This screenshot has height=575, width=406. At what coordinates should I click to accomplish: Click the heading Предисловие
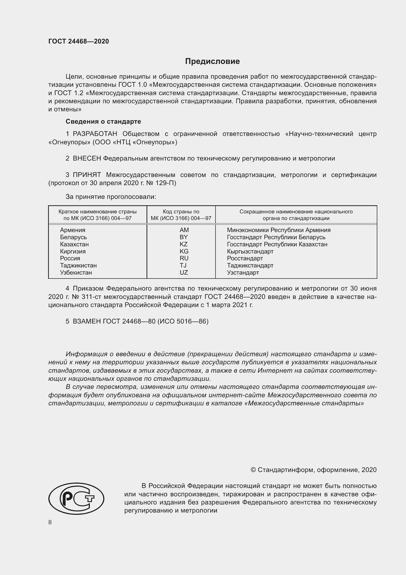212,61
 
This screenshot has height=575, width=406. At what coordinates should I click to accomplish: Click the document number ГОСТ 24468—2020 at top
79,41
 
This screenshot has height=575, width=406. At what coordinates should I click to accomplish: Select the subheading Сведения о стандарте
103,121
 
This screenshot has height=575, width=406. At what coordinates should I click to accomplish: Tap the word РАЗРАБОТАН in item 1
95,134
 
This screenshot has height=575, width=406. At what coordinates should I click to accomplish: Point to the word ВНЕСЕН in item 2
87,159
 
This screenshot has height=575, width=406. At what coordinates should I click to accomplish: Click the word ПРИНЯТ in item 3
87,175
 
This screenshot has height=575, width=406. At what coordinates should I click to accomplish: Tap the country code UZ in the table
184,272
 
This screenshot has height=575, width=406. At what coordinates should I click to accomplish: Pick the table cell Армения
72,230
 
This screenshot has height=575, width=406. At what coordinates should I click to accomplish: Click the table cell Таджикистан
78,265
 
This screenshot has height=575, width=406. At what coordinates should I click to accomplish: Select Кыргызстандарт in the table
250,251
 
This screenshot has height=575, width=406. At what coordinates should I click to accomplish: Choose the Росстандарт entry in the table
245,258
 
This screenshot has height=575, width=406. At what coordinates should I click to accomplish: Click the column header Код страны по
181,212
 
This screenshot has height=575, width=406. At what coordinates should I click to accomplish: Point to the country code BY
184,237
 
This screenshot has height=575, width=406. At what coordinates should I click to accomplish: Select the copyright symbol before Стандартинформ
253,470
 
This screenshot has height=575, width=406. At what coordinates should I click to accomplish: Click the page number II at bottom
50,522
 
